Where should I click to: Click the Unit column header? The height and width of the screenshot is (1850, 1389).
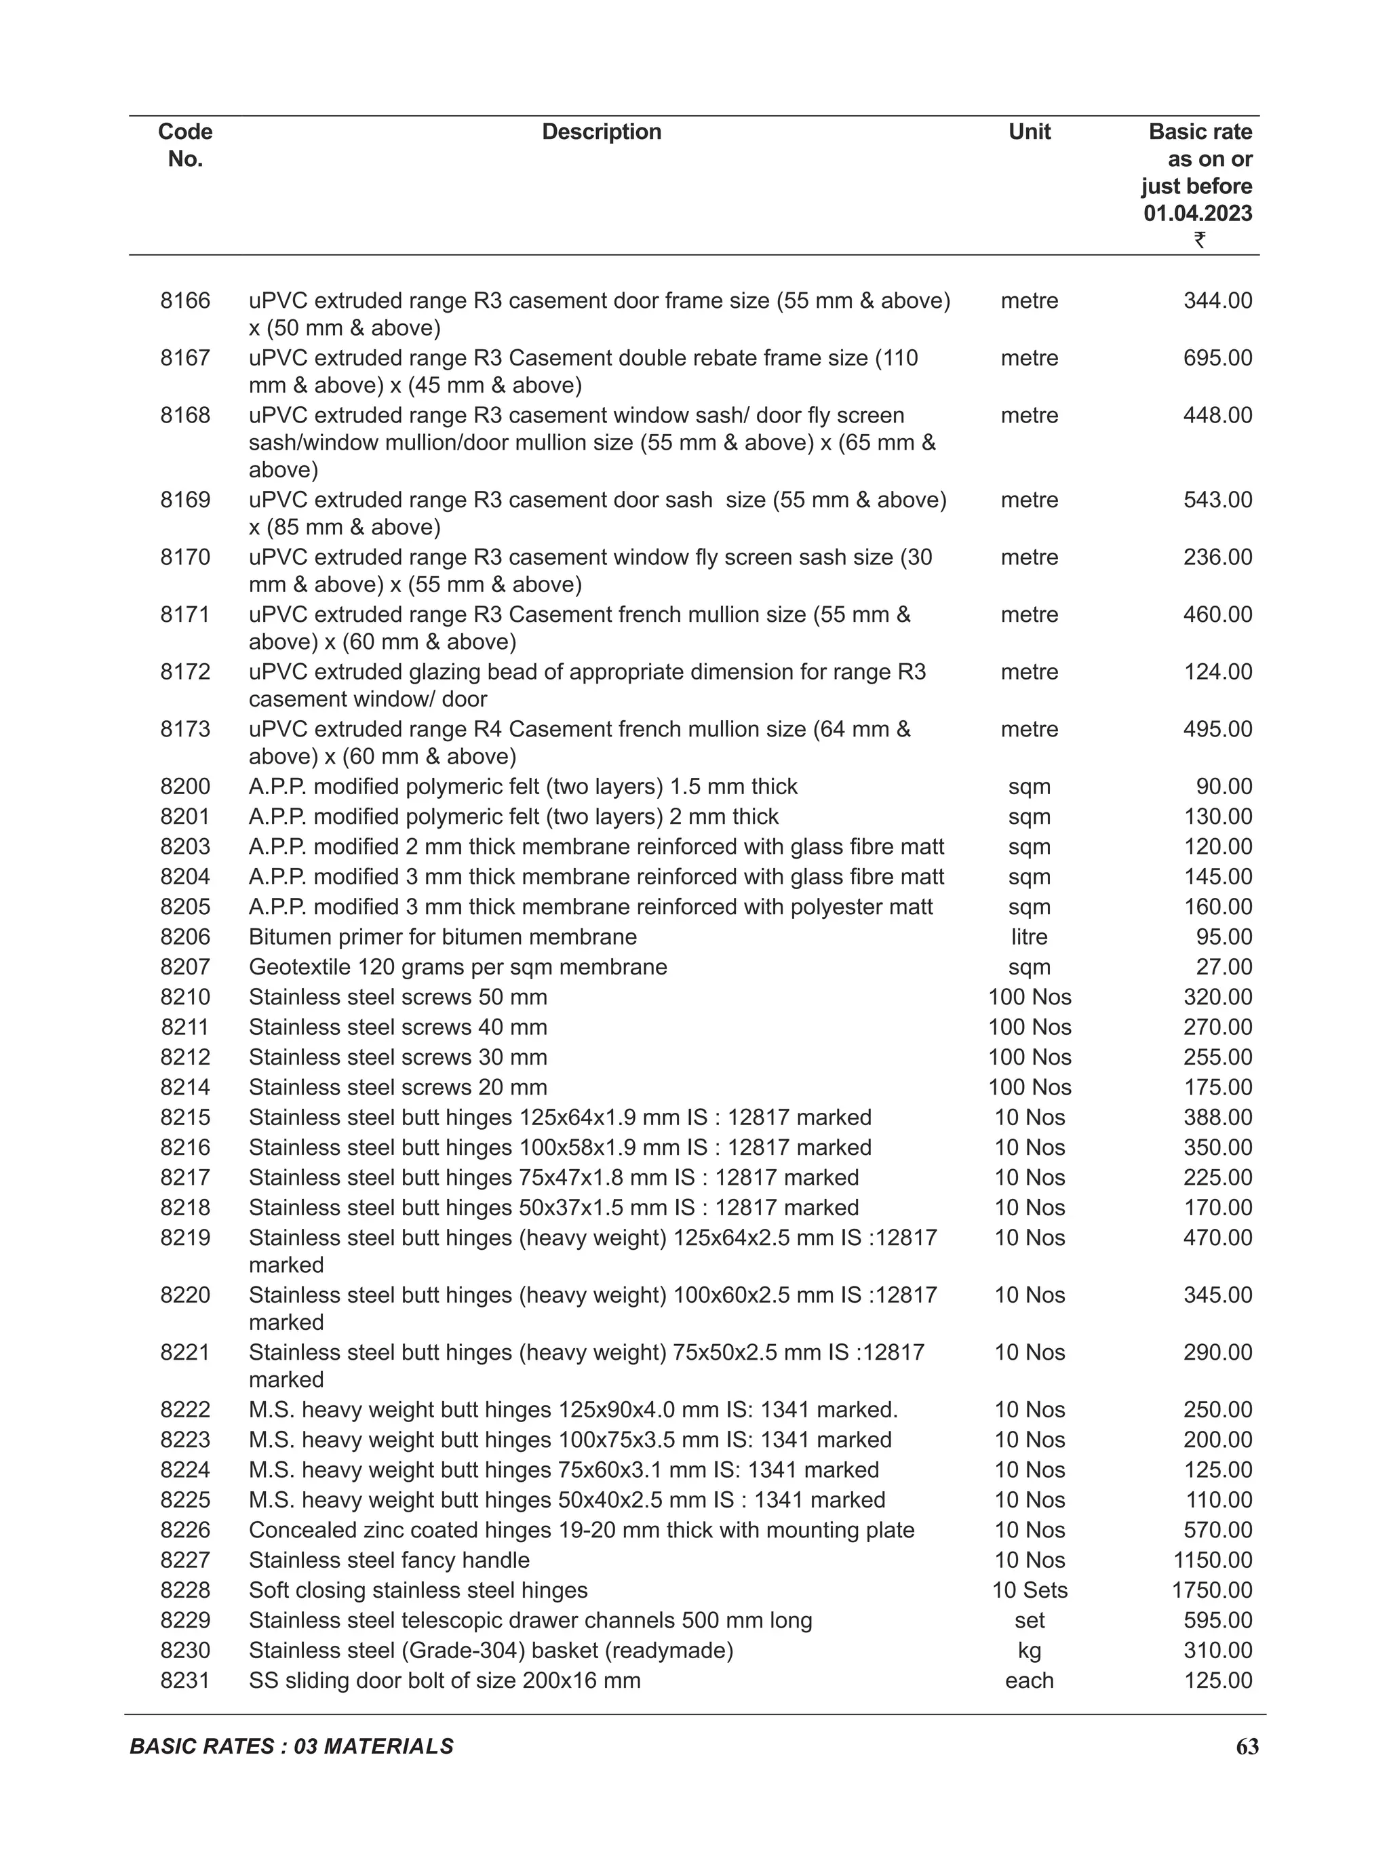click(x=1029, y=132)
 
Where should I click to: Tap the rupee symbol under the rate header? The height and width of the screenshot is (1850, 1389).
click(x=1199, y=240)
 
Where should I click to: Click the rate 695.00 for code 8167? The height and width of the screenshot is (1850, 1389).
click(x=1217, y=358)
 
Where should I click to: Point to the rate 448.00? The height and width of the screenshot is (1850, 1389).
click(x=1217, y=416)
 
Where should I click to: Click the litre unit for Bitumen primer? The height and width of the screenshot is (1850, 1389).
click(x=1029, y=937)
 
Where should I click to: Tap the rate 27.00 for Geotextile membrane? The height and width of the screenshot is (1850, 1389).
click(x=1224, y=967)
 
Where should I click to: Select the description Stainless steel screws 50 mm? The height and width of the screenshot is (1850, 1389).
click(x=397, y=997)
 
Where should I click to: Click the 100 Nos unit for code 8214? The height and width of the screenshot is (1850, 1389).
click(x=1029, y=1087)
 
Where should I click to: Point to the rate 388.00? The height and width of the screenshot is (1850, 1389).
click(x=1217, y=1118)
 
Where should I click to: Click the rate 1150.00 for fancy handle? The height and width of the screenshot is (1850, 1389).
click(x=1212, y=1560)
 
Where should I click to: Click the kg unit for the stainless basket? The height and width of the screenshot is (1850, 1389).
click(x=1029, y=1650)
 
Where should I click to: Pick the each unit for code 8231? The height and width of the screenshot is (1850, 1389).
click(x=1029, y=1680)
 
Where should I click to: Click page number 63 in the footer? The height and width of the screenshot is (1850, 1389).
click(x=1246, y=1747)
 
